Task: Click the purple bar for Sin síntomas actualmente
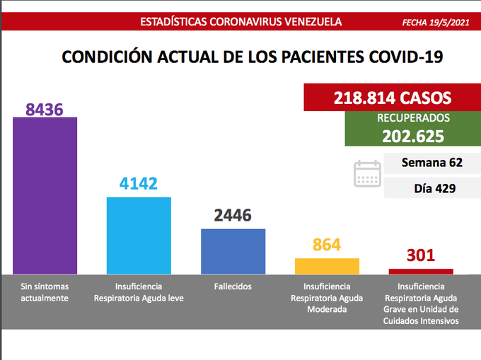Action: (45, 195)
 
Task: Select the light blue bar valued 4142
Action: (139, 236)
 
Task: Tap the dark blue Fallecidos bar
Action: (233, 251)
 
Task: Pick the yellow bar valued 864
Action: (327, 266)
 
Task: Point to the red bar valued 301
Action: (421, 271)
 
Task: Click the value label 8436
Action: (45, 109)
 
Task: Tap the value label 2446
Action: (233, 216)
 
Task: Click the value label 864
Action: (327, 245)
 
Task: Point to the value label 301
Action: (421, 255)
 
